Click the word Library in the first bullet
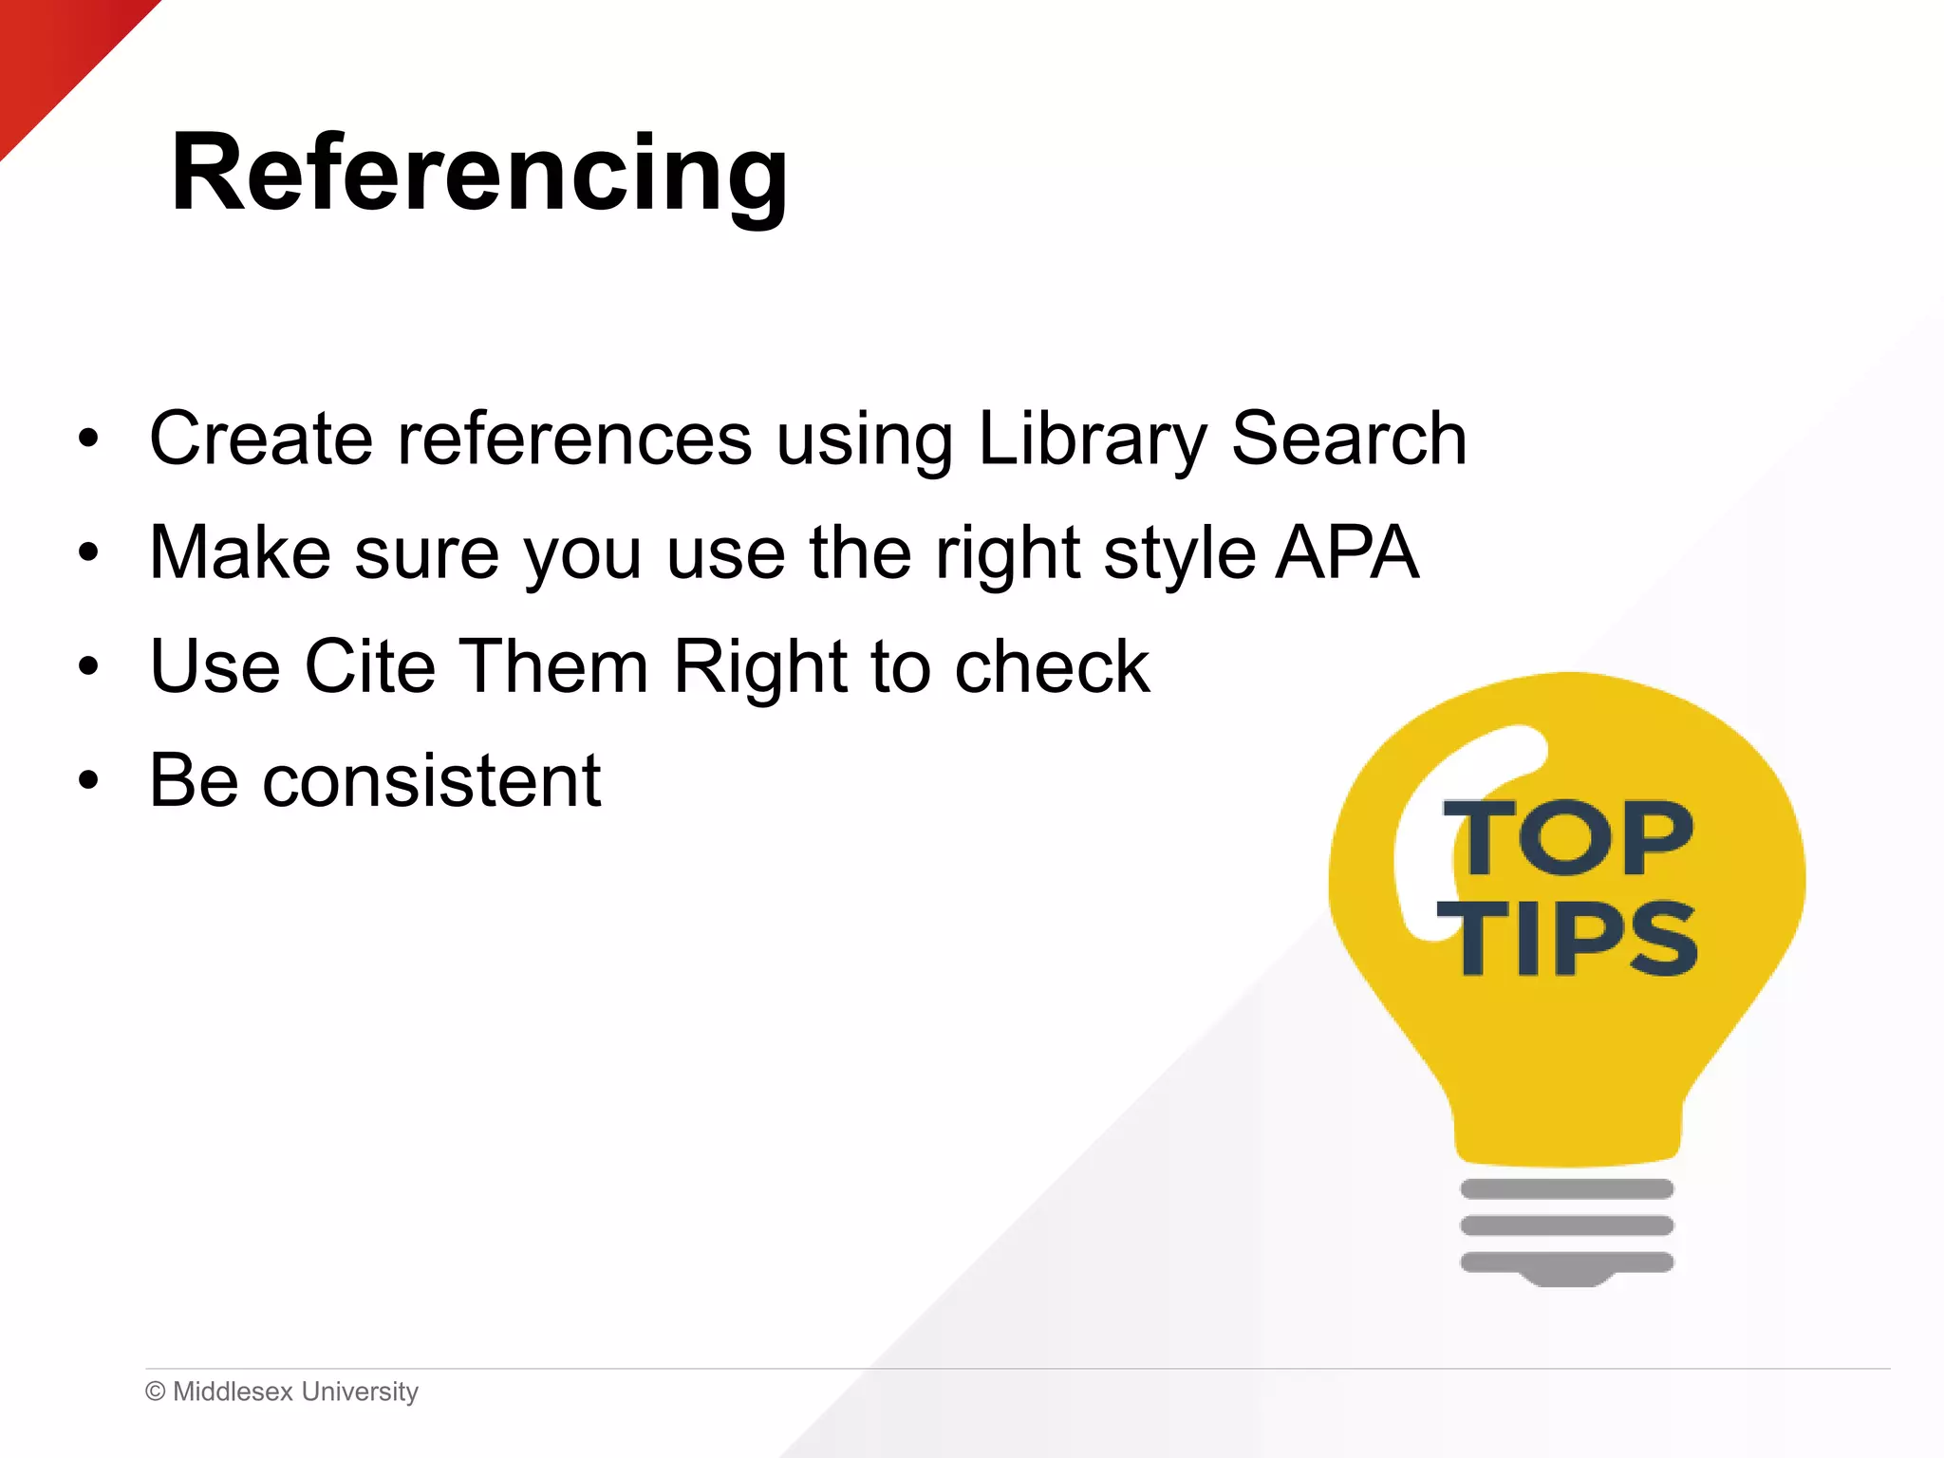(1092, 439)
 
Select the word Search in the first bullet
(1349, 439)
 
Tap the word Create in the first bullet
(261, 439)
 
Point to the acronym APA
(1347, 552)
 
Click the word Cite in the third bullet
(370, 666)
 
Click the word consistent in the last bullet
(432, 781)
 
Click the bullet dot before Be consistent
(89, 781)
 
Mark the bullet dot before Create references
(89, 439)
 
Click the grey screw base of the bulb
(1567, 1229)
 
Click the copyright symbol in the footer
(156, 1392)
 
